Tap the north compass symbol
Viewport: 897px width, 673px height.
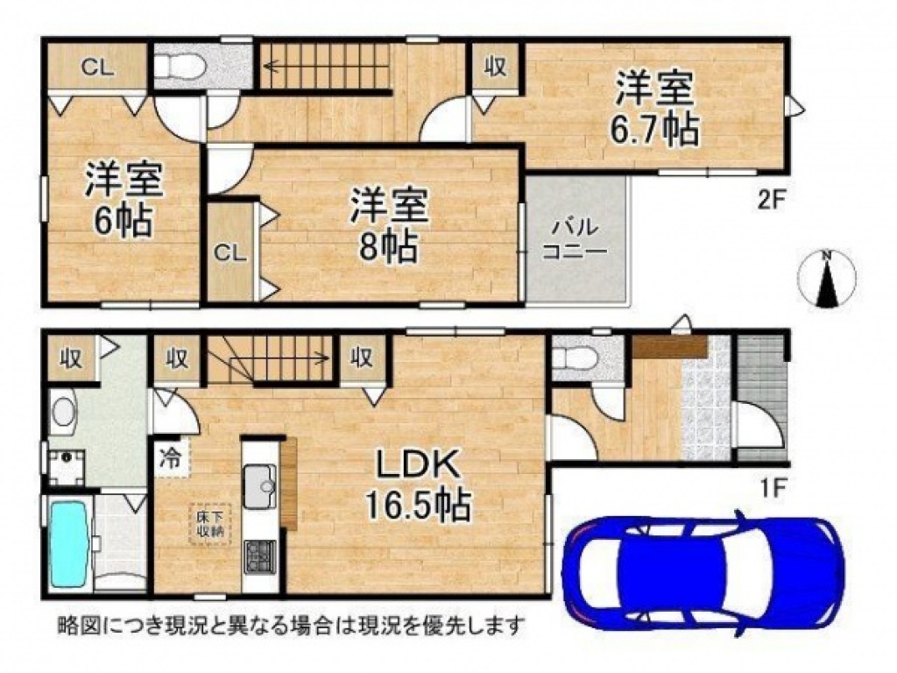[x=827, y=280]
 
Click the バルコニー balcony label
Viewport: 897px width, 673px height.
[x=575, y=238]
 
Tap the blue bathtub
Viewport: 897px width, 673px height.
[x=68, y=542]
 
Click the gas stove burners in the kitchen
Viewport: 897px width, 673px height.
[x=259, y=556]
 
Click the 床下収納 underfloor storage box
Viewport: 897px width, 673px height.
[x=210, y=524]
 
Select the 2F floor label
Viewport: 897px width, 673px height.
[x=769, y=201]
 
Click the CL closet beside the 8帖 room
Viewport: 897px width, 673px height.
[x=230, y=252]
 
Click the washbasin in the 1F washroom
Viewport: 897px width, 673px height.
[x=63, y=410]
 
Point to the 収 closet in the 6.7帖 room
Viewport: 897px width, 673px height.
[x=496, y=67]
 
